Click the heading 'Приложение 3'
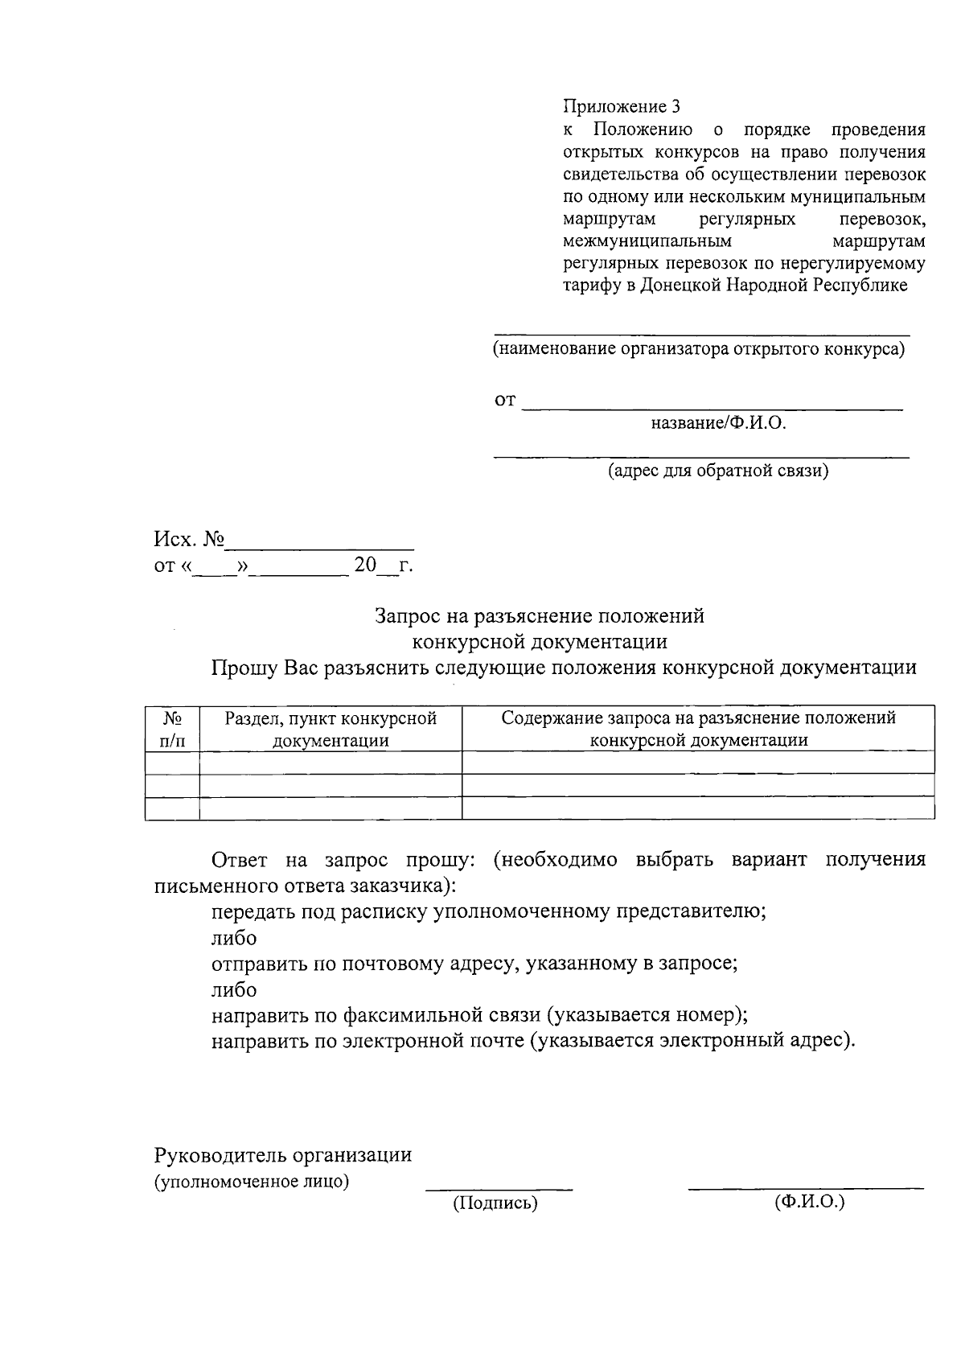click(621, 106)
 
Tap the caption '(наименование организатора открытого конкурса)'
click(699, 349)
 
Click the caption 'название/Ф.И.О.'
click(718, 422)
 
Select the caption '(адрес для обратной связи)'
click(717, 470)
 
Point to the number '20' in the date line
click(365, 565)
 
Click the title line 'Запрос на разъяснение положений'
click(540, 615)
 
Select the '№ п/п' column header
click(172, 729)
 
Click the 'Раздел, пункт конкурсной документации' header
click(331, 729)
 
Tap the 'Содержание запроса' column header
click(698, 729)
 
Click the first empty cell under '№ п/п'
click(172, 763)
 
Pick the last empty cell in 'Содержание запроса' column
click(698, 808)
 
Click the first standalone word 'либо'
click(234, 938)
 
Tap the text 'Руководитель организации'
click(283, 1155)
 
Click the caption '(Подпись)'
click(495, 1203)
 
